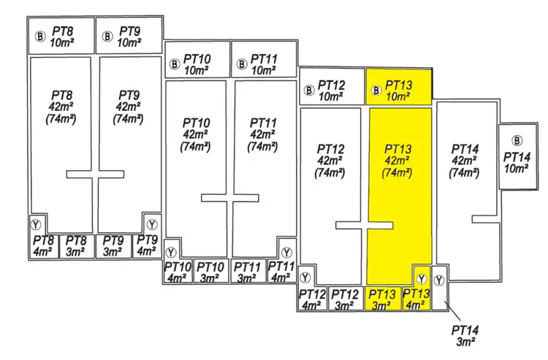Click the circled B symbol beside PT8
(x=40, y=35)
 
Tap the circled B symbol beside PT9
(x=107, y=35)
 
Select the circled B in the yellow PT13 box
(x=376, y=91)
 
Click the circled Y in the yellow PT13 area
(x=422, y=278)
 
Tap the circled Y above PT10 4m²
(x=172, y=250)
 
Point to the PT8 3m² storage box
(x=73, y=245)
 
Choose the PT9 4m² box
(x=147, y=245)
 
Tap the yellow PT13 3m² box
(x=383, y=299)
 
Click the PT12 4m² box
(x=312, y=299)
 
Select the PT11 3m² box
(x=247, y=272)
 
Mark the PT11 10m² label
(x=264, y=64)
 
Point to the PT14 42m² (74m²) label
(x=465, y=161)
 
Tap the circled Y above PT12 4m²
(x=305, y=277)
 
